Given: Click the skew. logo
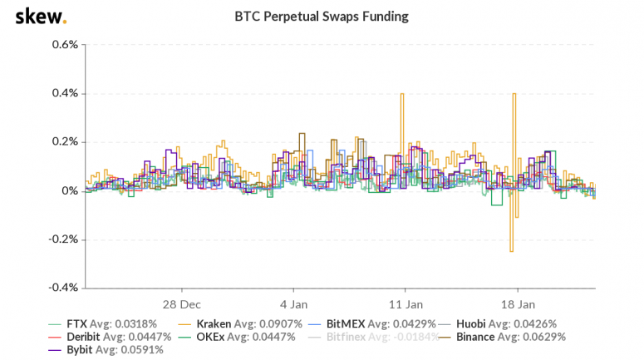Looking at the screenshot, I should (41, 17).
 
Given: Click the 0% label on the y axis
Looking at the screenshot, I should (69, 190).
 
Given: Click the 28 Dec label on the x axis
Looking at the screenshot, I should (181, 303).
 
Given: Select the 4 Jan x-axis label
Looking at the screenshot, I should (293, 303).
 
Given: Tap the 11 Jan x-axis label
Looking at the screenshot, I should (406, 303).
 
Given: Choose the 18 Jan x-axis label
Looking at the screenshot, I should (519, 303).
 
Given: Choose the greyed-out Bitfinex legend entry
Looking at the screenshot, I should (376, 337).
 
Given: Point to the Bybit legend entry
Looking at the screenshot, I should (92, 350).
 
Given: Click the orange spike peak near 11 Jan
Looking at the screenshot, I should (402, 94).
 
